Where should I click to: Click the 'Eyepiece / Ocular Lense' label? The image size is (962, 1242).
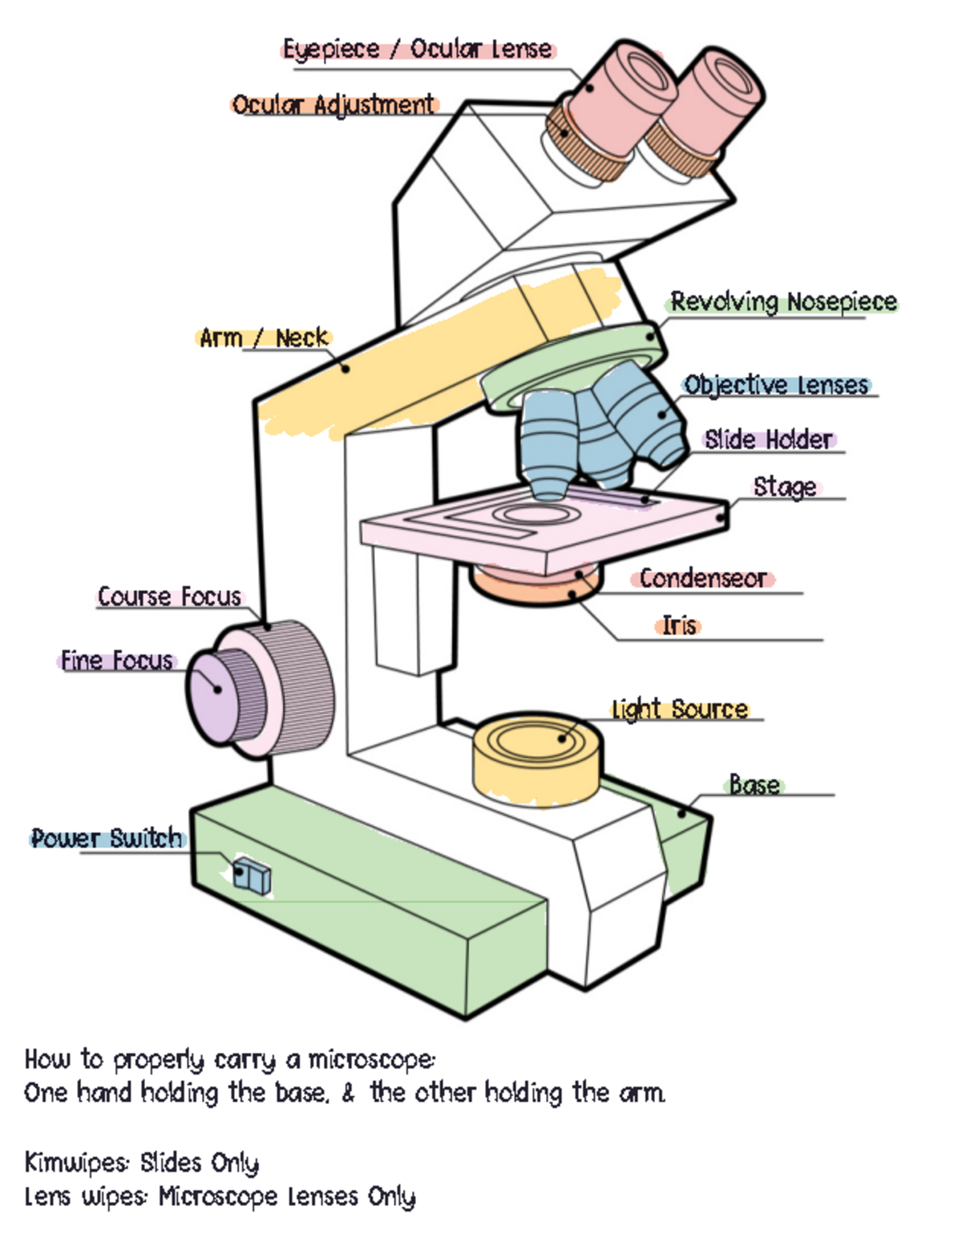pos(417,50)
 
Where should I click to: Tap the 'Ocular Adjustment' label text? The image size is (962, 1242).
pos(333,105)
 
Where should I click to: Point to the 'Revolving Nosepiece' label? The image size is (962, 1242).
pos(783,302)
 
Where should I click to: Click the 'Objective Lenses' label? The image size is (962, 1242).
pos(776,386)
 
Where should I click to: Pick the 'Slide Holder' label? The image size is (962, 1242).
pos(769,439)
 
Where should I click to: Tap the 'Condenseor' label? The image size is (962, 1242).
pos(702,579)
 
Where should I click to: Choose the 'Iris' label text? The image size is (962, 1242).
pos(679,625)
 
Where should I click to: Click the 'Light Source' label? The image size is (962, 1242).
pos(679,710)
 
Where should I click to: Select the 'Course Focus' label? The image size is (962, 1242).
pos(169,597)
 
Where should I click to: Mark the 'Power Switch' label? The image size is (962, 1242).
pos(107,839)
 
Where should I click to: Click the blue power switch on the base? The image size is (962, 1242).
pos(252,876)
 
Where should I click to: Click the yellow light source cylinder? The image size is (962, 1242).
pos(536,762)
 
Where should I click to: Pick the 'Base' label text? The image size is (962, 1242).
pos(754,784)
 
